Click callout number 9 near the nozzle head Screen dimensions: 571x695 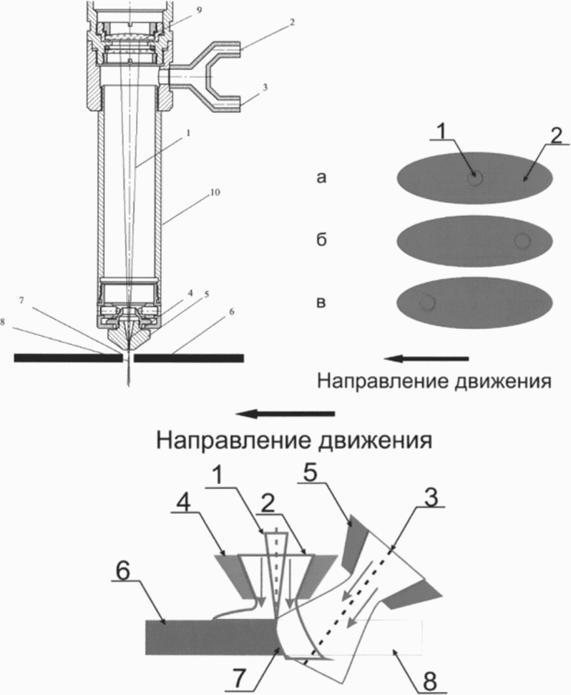coord(199,10)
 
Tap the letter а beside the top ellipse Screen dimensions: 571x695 coord(321,177)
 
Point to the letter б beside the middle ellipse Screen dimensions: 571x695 coord(321,240)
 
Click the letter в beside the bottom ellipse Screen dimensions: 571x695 coord(321,302)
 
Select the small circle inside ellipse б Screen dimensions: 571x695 coord(522,241)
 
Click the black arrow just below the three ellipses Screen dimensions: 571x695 coord(426,358)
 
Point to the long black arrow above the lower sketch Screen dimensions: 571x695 coord(285,414)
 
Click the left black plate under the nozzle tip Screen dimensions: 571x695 coord(68,358)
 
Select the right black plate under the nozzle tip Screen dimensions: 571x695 coord(189,358)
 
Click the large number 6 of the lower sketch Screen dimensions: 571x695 coord(124,573)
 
